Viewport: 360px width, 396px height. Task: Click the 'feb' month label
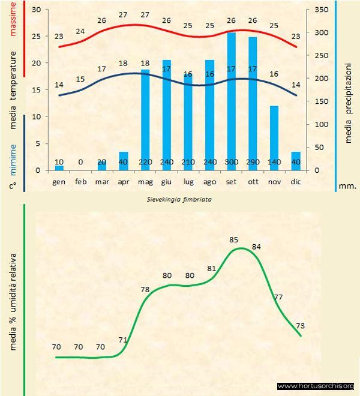(x=80, y=181)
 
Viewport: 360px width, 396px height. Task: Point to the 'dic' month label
(x=295, y=181)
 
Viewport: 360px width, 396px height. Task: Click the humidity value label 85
(x=234, y=240)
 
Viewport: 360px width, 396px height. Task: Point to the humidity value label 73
(x=301, y=326)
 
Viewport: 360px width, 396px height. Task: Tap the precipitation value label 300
(x=231, y=162)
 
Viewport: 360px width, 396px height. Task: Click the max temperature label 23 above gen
(x=59, y=36)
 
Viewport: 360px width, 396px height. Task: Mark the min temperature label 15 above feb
(x=80, y=79)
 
